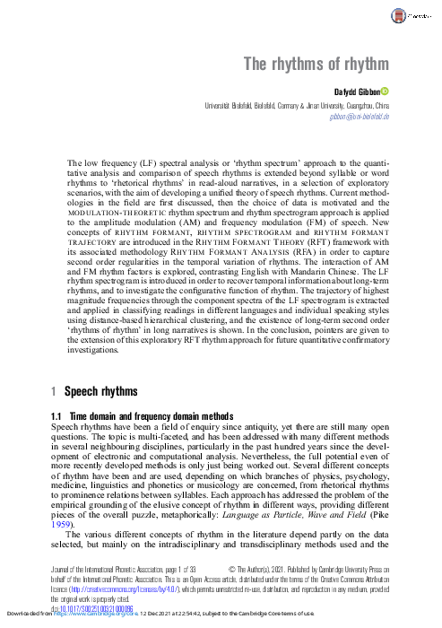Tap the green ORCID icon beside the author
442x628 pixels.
(385, 91)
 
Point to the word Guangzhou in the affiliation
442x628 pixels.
(355, 105)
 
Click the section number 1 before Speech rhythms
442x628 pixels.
(54, 392)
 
